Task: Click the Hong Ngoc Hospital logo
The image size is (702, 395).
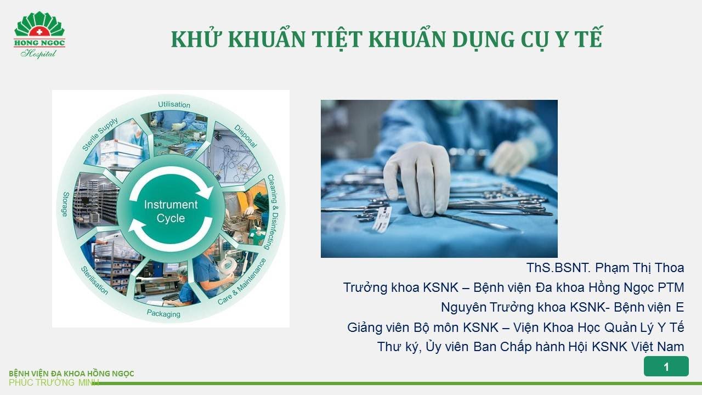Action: click(x=39, y=35)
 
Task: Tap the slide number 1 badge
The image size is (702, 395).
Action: click(x=666, y=367)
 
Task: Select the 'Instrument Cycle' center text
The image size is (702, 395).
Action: click(x=171, y=211)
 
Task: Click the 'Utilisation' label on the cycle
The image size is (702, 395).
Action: click(x=174, y=104)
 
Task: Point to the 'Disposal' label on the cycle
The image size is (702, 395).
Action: click(x=245, y=136)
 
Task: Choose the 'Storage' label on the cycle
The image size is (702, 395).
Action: click(x=66, y=204)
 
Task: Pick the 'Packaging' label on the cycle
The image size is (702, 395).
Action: click(x=163, y=314)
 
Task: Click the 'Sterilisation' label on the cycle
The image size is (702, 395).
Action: click(x=95, y=281)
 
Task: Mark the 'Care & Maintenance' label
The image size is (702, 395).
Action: click(x=242, y=282)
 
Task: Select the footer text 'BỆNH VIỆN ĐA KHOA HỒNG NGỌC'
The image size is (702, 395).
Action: click(x=71, y=374)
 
